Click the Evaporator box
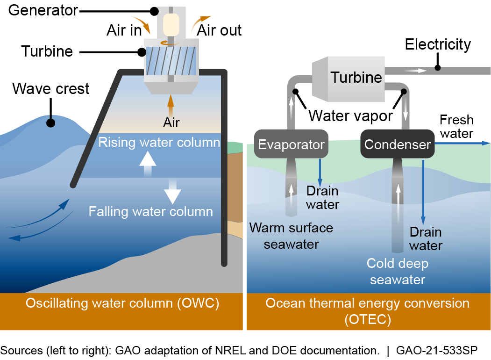pos(292,144)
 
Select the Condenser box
pos(398,144)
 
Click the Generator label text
pos(43,10)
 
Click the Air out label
pos(219,30)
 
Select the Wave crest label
pos(51,88)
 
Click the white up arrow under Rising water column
pos(148,163)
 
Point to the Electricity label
pos(438,45)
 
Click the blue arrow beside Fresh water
pos(463,144)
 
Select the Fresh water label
pos(456,127)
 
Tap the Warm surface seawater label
pos(291,236)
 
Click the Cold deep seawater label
pos(398,271)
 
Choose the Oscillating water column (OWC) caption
pos(122,303)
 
